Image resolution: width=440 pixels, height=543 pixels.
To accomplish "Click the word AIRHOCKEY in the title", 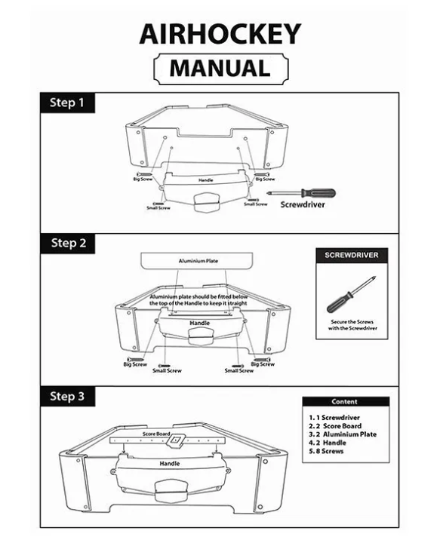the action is [x=220, y=34].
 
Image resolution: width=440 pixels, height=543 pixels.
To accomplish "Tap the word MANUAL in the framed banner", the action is [x=220, y=68].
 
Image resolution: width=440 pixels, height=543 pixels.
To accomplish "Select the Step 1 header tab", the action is [x=68, y=103].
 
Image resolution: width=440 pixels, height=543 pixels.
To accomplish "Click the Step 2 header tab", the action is [x=68, y=243].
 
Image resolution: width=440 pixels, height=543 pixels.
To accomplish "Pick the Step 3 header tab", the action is [x=68, y=396].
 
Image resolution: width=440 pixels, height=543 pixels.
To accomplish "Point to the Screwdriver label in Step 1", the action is [x=303, y=204].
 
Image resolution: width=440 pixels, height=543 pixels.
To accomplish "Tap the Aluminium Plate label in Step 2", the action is [x=198, y=261].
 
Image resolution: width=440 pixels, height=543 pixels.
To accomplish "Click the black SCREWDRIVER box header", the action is [x=352, y=256].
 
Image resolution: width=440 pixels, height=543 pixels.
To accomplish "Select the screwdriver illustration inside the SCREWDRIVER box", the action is [x=351, y=294].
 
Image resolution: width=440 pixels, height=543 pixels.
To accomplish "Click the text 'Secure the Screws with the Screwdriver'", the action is [x=352, y=325].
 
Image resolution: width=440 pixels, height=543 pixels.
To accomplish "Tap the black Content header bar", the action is [x=346, y=402].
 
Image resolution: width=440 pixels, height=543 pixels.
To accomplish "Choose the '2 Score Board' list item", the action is [x=335, y=426].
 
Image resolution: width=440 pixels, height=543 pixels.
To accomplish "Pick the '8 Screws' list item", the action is [x=326, y=451].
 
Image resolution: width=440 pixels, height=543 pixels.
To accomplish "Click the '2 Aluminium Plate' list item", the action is [x=343, y=434].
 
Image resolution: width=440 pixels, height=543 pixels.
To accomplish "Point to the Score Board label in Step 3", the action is [x=156, y=434].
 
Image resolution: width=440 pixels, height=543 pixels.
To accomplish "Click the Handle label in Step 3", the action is [x=169, y=464].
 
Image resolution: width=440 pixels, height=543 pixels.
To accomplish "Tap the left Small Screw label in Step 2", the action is [x=167, y=370].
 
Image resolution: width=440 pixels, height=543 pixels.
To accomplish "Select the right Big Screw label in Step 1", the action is [x=265, y=179].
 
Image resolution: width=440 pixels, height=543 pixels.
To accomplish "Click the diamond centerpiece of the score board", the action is [x=175, y=440].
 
